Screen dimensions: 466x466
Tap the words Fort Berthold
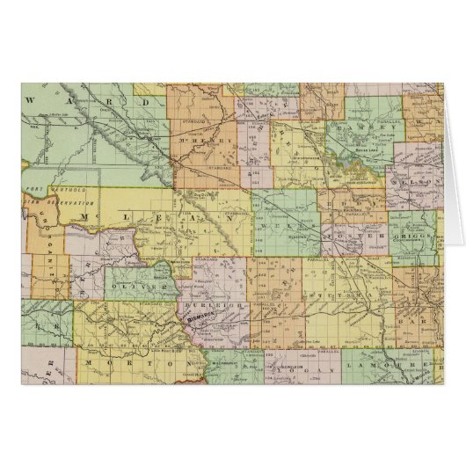(47, 191)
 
